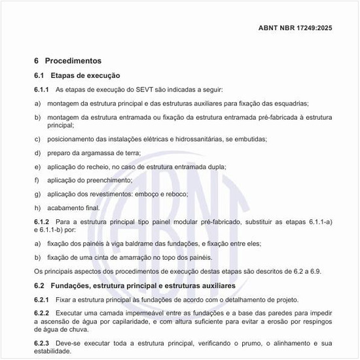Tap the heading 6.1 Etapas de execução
[x=77, y=75]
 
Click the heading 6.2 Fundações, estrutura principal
[x=130, y=286]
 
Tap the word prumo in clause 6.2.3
[x=239, y=342]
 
